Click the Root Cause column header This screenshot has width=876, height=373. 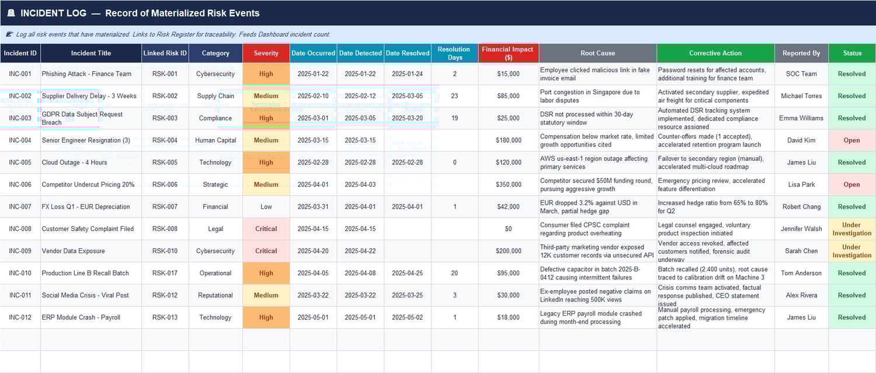click(x=597, y=53)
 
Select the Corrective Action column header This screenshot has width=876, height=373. click(x=715, y=53)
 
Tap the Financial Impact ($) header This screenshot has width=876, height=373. click(x=507, y=53)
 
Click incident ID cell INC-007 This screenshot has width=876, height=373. click(x=20, y=207)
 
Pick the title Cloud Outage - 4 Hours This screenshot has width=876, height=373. click(x=74, y=163)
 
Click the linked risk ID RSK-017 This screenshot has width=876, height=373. click(x=165, y=273)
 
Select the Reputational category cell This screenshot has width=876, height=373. click(x=215, y=295)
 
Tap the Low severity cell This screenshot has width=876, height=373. click(x=266, y=207)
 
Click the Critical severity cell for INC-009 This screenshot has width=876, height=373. click(x=266, y=251)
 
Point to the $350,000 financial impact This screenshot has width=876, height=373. click(x=507, y=185)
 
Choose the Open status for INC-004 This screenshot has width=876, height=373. click(x=851, y=140)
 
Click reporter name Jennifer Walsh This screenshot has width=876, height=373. click(x=801, y=229)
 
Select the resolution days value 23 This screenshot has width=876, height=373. click(x=454, y=96)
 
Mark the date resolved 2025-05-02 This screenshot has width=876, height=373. click(x=407, y=317)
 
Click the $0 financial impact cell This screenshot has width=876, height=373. click(x=507, y=229)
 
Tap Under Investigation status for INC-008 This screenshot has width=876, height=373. click(x=851, y=229)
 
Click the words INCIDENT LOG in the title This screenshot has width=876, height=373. click(x=53, y=13)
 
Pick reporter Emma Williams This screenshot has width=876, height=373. click(x=801, y=118)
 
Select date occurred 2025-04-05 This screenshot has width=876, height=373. click(x=313, y=273)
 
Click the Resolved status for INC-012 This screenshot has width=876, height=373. click(x=851, y=317)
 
